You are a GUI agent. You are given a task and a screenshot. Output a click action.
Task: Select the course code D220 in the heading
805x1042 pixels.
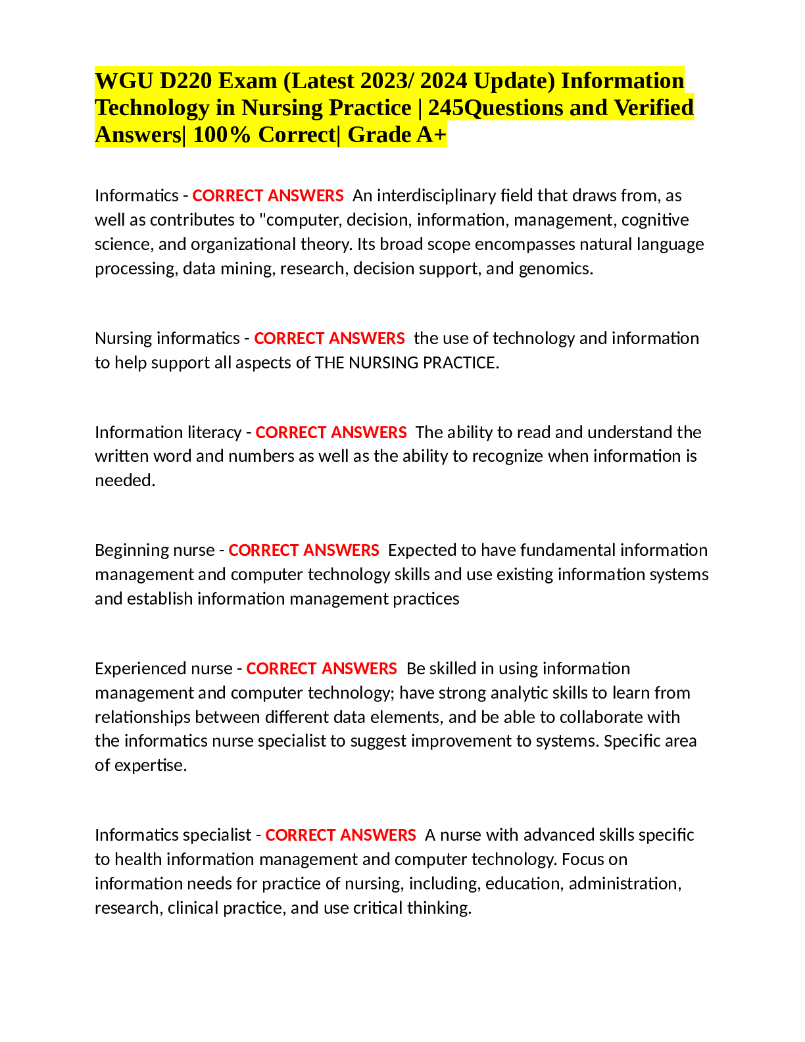[x=186, y=80]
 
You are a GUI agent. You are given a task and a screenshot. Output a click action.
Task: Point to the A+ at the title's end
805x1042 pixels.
[x=431, y=134]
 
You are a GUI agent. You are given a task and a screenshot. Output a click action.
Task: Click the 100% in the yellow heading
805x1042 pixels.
[x=222, y=134]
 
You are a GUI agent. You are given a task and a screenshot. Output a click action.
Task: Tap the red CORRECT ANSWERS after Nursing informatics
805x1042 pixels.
[x=329, y=339]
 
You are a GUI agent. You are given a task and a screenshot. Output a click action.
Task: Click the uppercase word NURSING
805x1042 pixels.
[x=383, y=363]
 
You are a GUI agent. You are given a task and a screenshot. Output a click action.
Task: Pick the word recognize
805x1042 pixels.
[x=508, y=457]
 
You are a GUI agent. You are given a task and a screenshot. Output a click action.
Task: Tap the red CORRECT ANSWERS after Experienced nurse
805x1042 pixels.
[x=321, y=669]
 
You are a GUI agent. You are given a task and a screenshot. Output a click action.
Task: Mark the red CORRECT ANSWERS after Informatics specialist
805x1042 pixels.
[x=341, y=835]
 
